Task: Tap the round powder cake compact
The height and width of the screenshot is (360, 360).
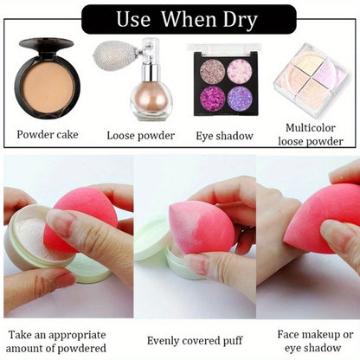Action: click(x=48, y=79)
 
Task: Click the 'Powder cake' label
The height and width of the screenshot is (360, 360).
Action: click(x=48, y=134)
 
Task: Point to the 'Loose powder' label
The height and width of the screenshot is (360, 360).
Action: click(x=141, y=135)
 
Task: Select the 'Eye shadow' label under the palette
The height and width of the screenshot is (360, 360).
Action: click(x=225, y=134)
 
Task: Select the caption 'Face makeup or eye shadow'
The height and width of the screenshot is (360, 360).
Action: click(x=314, y=340)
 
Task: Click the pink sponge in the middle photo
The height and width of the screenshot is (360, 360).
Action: click(x=200, y=227)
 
